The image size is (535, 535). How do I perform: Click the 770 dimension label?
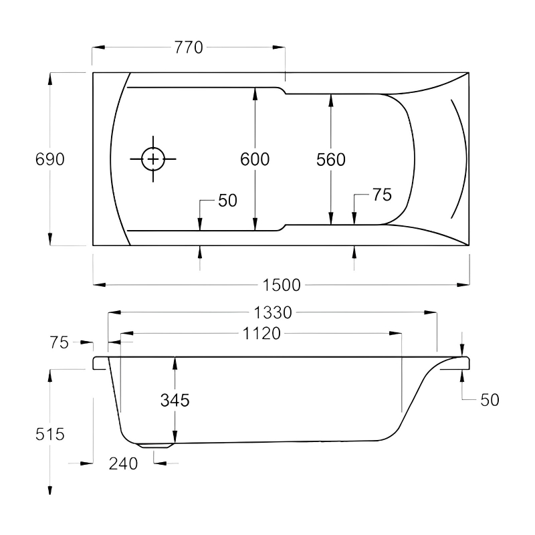tap(189, 47)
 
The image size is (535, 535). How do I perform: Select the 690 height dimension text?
tap(49, 159)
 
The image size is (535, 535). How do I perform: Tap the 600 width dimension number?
tap(255, 159)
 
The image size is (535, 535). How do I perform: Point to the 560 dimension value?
tap(330, 159)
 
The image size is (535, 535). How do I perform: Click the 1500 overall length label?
tap(281, 285)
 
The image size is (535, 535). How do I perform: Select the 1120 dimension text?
tap(261, 334)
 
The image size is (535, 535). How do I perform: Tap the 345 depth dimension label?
tap(175, 400)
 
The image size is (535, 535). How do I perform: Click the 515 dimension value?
tap(49, 434)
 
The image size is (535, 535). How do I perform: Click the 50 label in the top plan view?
tap(227, 201)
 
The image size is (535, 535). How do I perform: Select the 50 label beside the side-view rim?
tap(490, 399)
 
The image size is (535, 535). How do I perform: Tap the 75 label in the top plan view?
tap(381, 195)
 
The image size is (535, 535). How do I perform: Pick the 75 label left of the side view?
tap(59, 342)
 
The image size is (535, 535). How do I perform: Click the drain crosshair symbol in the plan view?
tap(154, 159)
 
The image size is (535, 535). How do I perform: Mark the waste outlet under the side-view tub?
tap(155, 445)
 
